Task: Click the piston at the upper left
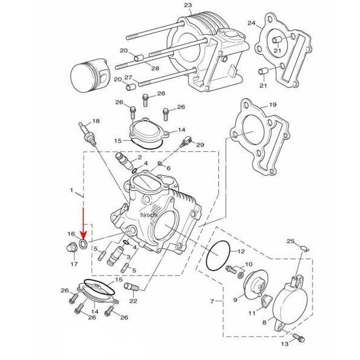[89, 77]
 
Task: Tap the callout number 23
[188, 5]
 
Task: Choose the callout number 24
[251, 23]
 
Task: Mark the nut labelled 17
[70, 247]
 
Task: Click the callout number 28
[155, 69]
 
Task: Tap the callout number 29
[200, 145]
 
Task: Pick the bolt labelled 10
[232, 270]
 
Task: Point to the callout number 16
[70, 234]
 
